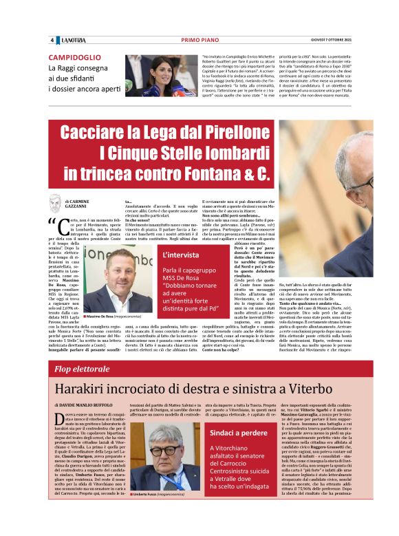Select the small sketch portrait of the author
pyautogui.click(x=55, y=202)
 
